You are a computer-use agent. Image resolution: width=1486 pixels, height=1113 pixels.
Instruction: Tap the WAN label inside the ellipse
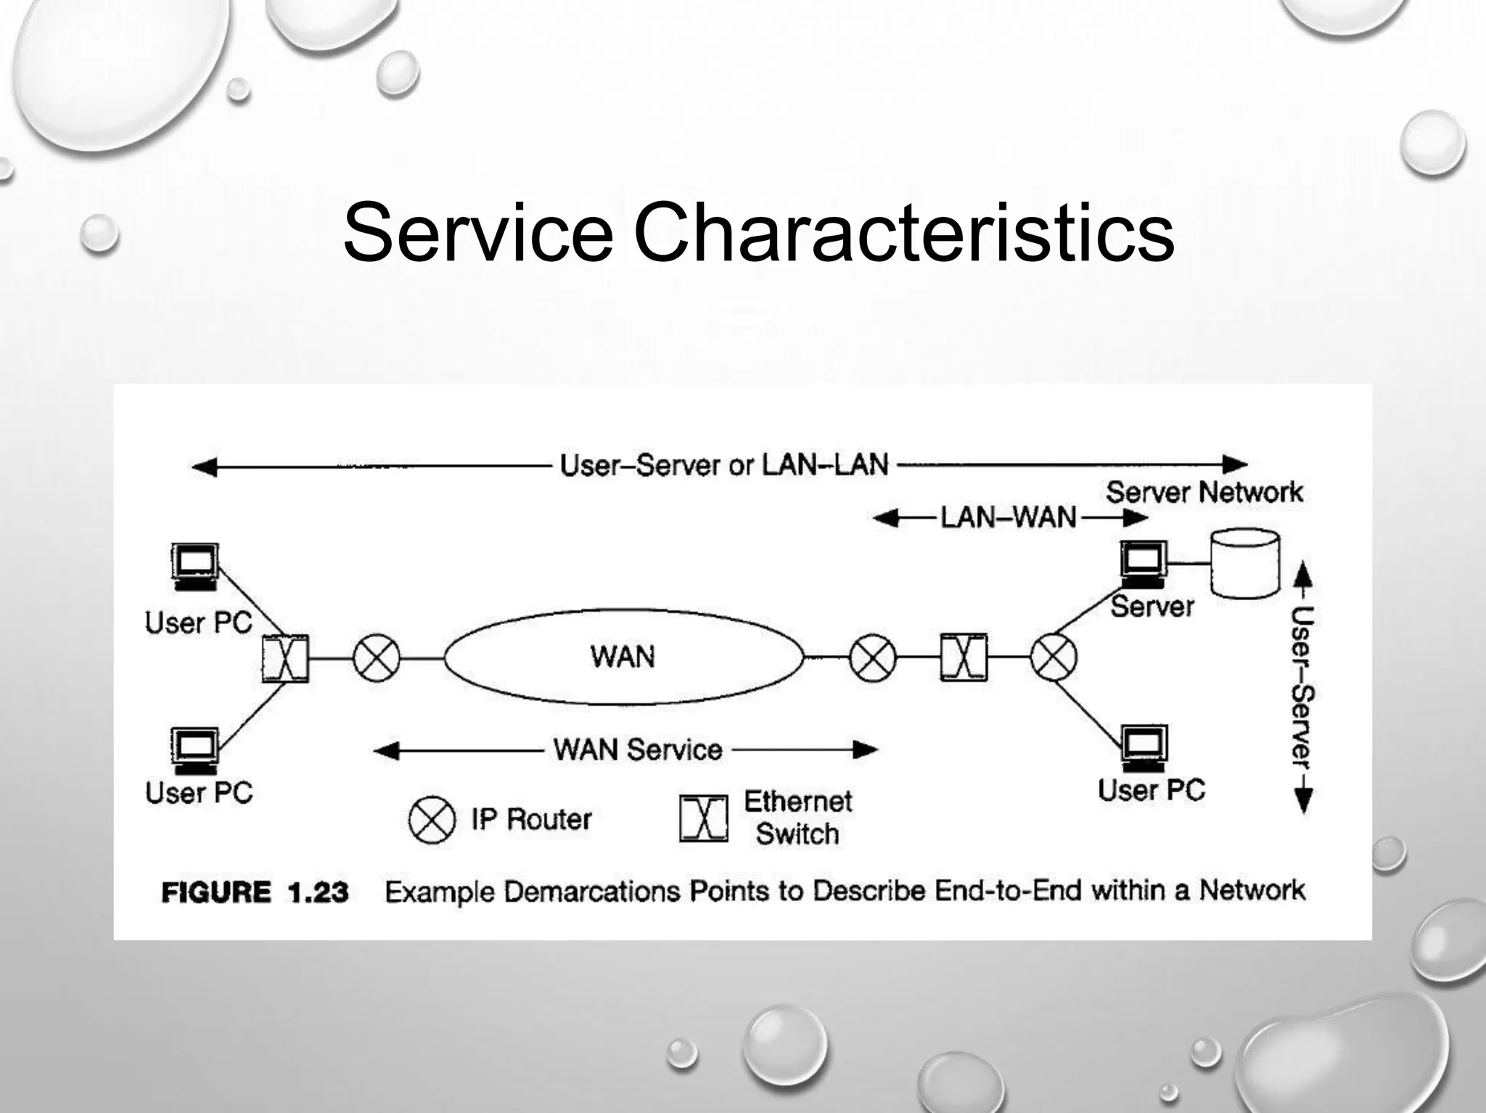(x=623, y=657)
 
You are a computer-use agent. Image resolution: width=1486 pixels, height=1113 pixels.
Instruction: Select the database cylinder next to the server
(x=1245, y=563)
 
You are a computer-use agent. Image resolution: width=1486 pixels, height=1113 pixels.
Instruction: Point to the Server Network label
(x=1204, y=493)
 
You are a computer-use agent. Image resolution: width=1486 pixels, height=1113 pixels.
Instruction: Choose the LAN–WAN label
(x=1009, y=518)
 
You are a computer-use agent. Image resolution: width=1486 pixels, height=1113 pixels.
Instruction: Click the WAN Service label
(x=638, y=749)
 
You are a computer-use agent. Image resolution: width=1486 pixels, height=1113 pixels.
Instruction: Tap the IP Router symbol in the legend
(x=432, y=820)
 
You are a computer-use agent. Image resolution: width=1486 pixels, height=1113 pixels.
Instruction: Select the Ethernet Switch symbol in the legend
(x=703, y=818)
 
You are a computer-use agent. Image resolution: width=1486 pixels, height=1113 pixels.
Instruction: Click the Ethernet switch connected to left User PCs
(x=285, y=659)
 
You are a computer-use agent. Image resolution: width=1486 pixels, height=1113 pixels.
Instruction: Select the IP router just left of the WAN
(x=376, y=659)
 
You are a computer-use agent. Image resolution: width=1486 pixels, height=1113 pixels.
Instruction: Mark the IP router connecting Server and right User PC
(x=1054, y=658)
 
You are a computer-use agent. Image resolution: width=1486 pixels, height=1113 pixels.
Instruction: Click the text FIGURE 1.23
(x=255, y=892)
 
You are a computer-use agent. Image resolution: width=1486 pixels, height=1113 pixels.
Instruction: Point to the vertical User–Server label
(x=1302, y=686)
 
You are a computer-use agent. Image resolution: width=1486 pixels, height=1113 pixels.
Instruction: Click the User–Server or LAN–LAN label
(x=724, y=465)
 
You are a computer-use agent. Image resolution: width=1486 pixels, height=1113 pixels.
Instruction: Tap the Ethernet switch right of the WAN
(x=964, y=657)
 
